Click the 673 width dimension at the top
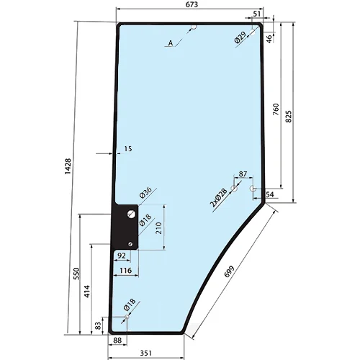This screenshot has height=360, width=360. click(192, 4)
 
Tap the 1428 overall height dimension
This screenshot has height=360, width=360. click(68, 166)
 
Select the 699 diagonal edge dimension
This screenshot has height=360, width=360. click(229, 271)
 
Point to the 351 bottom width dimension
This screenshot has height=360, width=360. click(146, 353)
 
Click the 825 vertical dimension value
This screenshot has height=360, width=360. click(289, 117)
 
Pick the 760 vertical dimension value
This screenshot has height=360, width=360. click(276, 109)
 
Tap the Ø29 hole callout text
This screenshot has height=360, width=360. click(240, 37)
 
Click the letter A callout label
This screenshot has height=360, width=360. click(171, 43)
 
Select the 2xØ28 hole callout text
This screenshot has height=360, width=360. click(218, 198)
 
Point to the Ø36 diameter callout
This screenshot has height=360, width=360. click(145, 192)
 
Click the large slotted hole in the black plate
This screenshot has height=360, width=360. click(131, 214)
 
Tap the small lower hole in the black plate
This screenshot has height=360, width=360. click(130, 244)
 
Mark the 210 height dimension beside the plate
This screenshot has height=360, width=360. click(158, 228)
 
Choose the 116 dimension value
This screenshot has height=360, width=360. click(126, 271)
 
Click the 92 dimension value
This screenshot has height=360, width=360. click(122, 256)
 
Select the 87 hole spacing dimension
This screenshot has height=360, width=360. click(243, 174)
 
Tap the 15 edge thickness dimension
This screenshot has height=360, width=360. click(128, 149)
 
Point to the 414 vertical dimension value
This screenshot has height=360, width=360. click(87, 292)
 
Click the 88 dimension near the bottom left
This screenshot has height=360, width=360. click(117, 341)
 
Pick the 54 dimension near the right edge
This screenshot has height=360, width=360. click(270, 194)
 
